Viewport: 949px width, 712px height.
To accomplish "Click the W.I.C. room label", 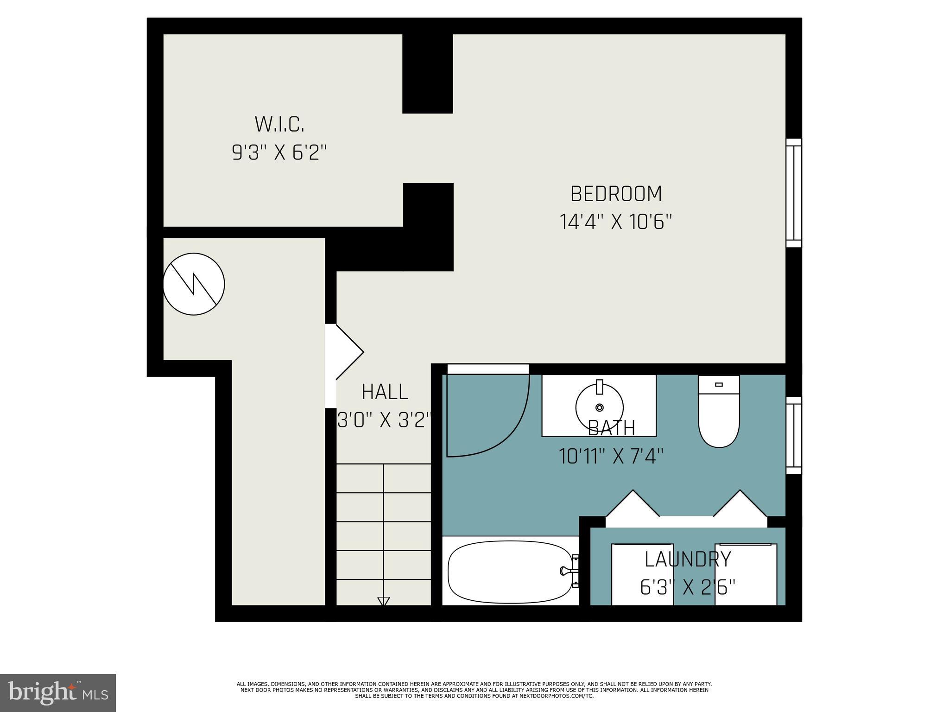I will pos(279,124).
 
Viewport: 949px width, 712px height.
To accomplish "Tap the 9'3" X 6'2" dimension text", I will pos(279,152).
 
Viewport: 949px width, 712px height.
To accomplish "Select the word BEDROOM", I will pos(616,194).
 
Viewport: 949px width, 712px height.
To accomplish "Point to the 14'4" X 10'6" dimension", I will pos(616,222).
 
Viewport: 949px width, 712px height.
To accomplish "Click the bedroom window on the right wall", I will pos(793,192).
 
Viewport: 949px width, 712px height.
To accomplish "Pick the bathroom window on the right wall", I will pos(793,435).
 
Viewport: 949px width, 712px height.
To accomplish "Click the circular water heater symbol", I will pos(194,284).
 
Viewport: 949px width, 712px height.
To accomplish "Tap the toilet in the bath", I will pos(719,413).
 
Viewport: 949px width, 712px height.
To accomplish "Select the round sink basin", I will pos(599,407).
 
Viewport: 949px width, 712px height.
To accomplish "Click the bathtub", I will pos(510,572).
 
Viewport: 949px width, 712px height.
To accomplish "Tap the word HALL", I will pos(385,392).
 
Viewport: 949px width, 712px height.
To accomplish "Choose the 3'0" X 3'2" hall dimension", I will pos(385,420).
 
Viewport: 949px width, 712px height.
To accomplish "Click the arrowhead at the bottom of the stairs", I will pos(383,601).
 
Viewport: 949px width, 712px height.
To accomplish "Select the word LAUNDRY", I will pos(688,559).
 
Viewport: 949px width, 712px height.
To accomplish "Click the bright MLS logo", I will pos(58,693).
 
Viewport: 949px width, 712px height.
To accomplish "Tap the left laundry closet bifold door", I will pos(633,504).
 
